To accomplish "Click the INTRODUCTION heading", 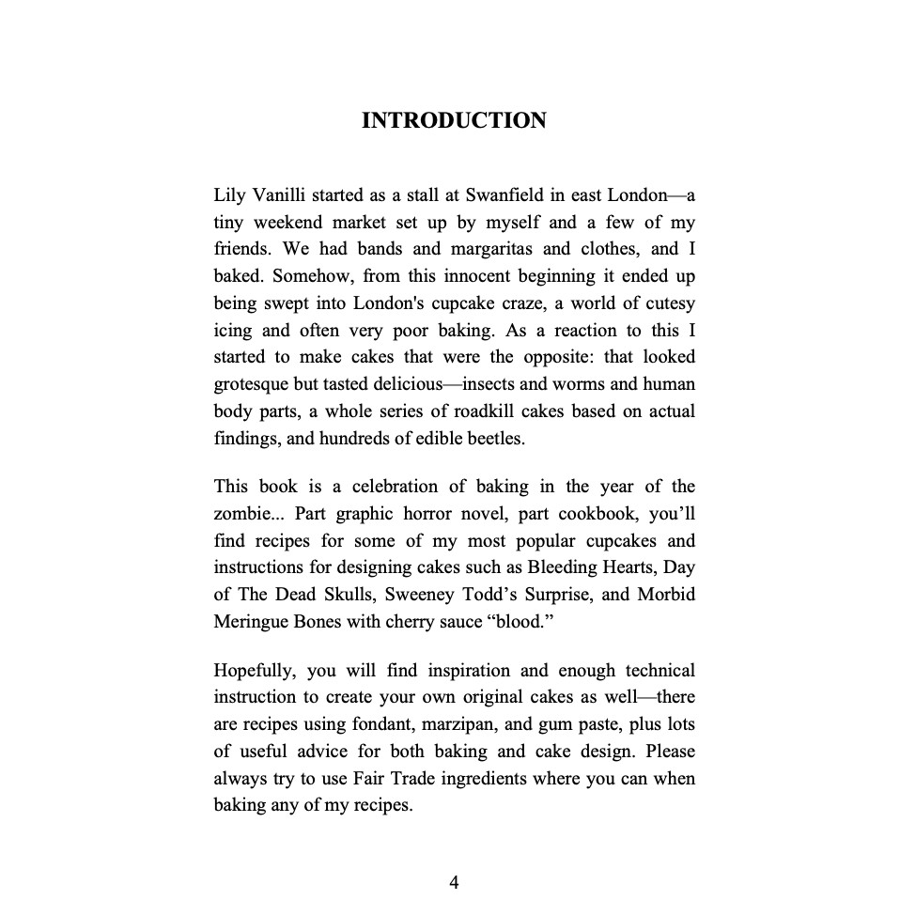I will (454, 121).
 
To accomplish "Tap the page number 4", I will (454, 881).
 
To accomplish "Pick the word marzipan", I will (445, 724).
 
